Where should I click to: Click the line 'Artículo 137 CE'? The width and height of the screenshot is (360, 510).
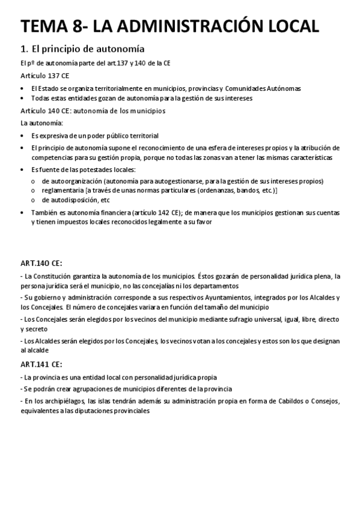pos(44,76)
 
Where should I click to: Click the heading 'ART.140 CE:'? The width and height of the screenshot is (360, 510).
pos(41,263)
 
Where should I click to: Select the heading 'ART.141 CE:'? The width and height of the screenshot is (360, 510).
pos(41,364)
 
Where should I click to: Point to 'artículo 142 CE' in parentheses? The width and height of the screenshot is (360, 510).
pos(157,212)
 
